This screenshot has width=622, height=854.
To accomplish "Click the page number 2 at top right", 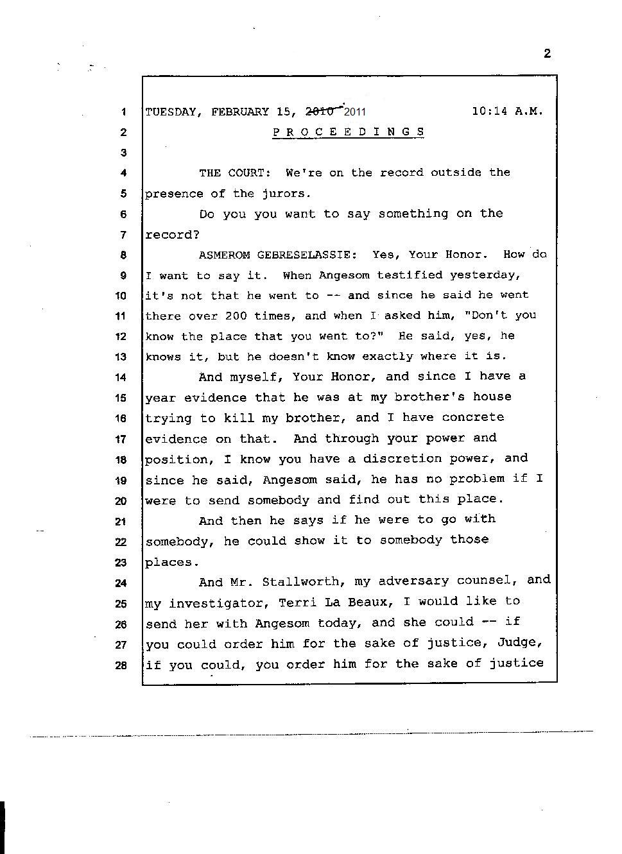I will tap(547, 53).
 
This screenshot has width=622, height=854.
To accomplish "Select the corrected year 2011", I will tap(355, 112).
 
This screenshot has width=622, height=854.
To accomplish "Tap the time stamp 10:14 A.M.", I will tap(507, 111).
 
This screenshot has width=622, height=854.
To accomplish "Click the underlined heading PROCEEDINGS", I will tap(349, 132).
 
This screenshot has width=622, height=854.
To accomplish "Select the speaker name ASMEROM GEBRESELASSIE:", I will tap(277, 255).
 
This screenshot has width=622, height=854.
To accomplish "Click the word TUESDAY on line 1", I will tap(170, 112).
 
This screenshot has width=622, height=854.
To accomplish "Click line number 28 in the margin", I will tap(121, 665).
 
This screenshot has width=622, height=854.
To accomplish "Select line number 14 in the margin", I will tap(121, 377).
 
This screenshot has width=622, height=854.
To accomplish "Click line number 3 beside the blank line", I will tap(123, 153).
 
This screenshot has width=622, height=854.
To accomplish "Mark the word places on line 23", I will tap(169, 562).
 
